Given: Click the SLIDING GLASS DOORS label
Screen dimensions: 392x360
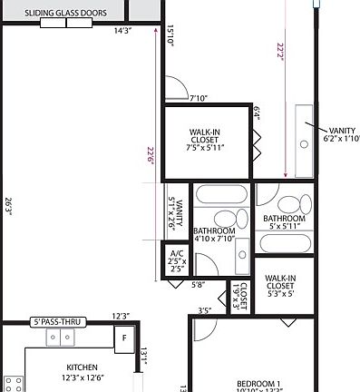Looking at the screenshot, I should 65,14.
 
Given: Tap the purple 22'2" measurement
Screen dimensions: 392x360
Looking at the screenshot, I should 287,52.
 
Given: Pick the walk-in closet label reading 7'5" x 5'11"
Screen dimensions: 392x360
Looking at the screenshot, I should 206,140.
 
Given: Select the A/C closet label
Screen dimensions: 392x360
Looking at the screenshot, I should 178,261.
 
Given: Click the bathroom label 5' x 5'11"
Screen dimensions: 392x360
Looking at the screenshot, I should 284,223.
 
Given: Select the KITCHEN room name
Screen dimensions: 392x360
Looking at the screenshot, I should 82,367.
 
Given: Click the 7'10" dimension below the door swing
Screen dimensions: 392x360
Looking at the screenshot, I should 199,98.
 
